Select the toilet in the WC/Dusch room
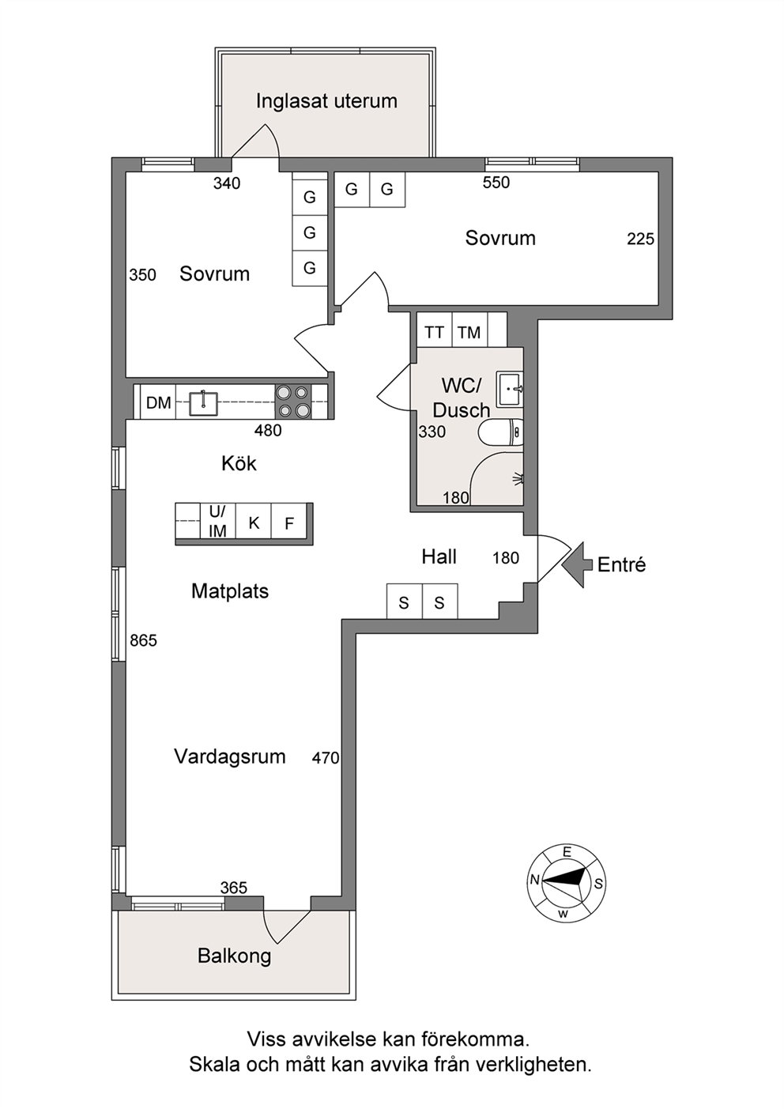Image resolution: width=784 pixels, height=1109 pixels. point(501,433)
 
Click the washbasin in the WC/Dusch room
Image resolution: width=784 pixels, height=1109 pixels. point(510,390)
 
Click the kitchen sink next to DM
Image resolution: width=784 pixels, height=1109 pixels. point(203,402)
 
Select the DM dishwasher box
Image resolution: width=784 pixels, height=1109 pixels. point(158,402)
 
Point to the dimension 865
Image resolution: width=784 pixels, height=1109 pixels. point(143,640)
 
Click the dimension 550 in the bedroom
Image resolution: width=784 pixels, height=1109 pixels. point(496,183)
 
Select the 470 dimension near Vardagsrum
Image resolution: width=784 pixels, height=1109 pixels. point(326,757)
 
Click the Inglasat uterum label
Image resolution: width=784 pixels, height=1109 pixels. point(326,101)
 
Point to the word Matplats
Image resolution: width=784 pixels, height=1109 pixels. point(230,591)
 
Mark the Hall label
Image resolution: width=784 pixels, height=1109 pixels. point(439,557)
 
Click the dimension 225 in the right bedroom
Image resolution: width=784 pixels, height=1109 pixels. point(640,240)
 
